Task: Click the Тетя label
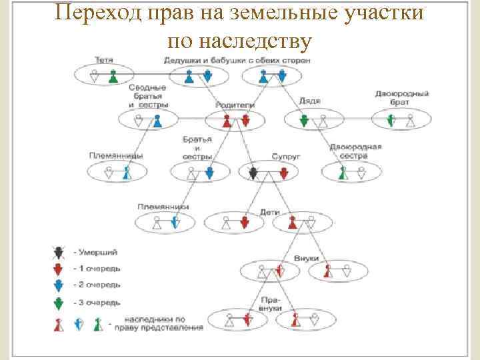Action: pyautogui.click(x=103, y=61)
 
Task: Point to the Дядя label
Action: pyautogui.click(x=309, y=101)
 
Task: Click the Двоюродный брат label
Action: pyautogui.click(x=401, y=99)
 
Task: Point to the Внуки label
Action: pyautogui.click(x=307, y=258)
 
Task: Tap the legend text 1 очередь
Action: pyautogui.click(x=99, y=268)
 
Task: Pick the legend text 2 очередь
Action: pyautogui.click(x=99, y=285)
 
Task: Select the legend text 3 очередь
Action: pyautogui.click(x=99, y=302)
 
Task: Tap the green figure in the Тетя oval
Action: pyautogui.click(x=113, y=77)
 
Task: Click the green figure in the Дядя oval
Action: pyautogui.click(x=304, y=121)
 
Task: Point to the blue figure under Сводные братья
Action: pyautogui.click(x=157, y=121)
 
